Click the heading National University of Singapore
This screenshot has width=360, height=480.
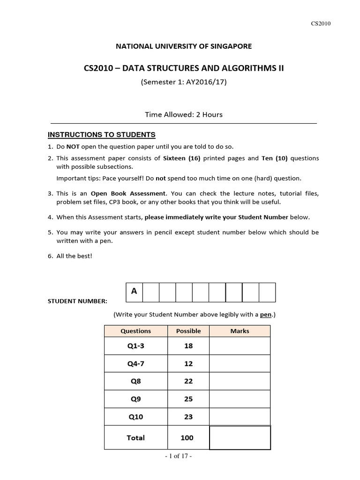click(x=183, y=46)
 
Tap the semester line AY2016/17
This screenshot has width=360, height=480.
click(x=183, y=82)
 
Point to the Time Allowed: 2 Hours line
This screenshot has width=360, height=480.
click(x=183, y=114)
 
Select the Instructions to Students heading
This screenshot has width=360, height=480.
click(x=101, y=135)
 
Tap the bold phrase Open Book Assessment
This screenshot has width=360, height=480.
click(x=128, y=193)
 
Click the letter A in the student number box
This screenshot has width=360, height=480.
click(x=134, y=292)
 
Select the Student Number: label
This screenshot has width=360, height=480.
click(x=77, y=301)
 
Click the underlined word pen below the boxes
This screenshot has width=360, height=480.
click(x=266, y=315)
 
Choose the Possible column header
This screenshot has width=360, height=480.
click(x=188, y=331)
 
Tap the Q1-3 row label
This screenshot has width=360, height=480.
click(x=136, y=346)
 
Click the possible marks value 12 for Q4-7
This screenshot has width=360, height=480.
click(x=188, y=364)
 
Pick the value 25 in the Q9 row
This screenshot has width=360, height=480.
click(x=188, y=399)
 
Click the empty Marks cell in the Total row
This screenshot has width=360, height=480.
click(x=240, y=438)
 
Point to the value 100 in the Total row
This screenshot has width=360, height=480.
click(x=187, y=438)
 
